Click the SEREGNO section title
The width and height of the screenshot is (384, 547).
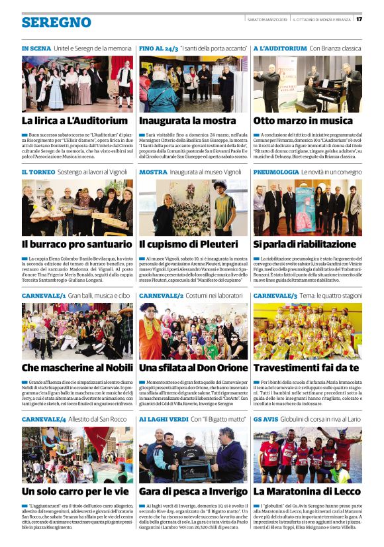[x=56, y=23]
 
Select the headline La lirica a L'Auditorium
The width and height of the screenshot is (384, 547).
[x=75, y=121]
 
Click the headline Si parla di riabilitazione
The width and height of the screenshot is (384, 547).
[x=305, y=245]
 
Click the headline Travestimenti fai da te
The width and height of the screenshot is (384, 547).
[x=307, y=367]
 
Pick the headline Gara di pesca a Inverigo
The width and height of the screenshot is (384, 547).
[x=189, y=491]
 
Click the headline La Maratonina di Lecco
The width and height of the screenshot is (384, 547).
[x=306, y=491]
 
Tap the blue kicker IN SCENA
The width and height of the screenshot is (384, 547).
[x=36, y=49]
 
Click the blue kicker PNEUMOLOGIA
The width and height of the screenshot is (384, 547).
[x=276, y=172]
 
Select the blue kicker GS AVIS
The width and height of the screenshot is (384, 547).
[x=266, y=419]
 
